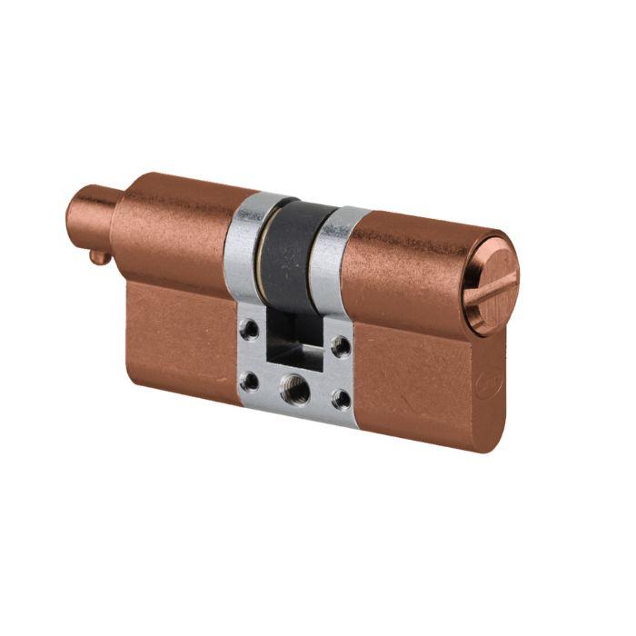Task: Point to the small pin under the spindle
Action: tap(100, 257)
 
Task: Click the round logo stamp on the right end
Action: tap(482, 385)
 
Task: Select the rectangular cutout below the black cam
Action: tap(295, 351)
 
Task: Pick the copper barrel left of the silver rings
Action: tap(173, 227)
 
